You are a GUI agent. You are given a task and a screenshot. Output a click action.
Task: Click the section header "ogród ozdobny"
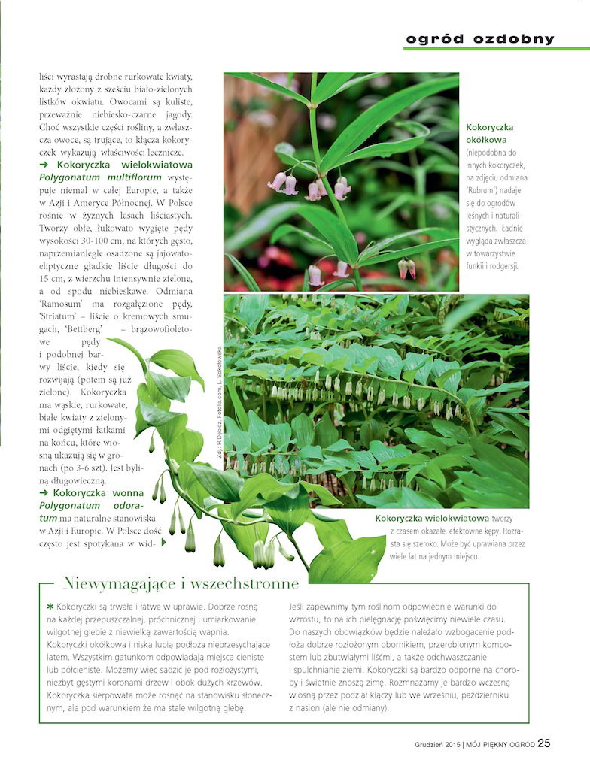tap(480, 39)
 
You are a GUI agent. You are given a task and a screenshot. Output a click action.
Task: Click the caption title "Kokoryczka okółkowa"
tap(491, 133)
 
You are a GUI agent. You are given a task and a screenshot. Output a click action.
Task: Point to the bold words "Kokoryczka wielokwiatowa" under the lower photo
tap(433, 519)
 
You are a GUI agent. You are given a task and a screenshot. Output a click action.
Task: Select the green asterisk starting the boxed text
tap(50, 605)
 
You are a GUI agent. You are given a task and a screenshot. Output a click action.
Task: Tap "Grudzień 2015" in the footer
tap(436, 745)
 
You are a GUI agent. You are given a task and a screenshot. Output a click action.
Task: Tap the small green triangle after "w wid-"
tap(163, 541)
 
